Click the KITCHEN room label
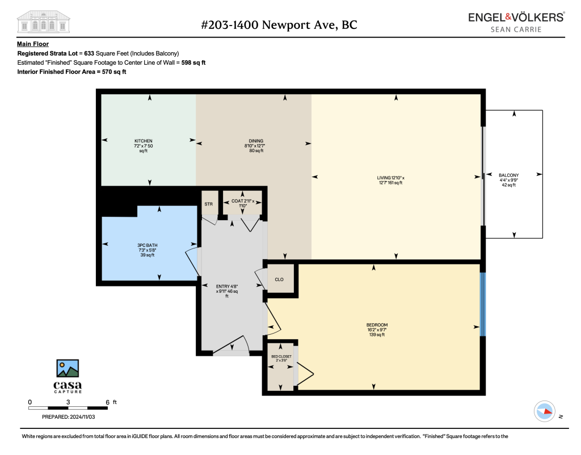coord(144,141)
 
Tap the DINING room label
coord(256,141)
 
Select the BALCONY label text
coord(509,175)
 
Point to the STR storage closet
coord(209,204)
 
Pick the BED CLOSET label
coord(281,356)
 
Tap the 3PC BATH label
coord(148,245)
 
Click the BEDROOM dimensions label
coord(377,330)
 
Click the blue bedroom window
coord(483,304)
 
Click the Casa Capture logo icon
coord(68,368)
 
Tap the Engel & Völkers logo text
coord(516,17)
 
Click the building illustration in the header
coord(43,22)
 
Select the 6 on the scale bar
coord(107,402)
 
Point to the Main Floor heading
coord(33,44)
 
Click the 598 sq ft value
coord(193,62)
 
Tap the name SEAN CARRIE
coord(516,30)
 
